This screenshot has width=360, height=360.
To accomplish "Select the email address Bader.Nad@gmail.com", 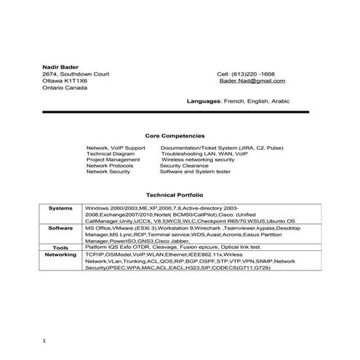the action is point(252,81).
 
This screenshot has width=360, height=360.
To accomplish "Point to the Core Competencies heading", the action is point(175,135).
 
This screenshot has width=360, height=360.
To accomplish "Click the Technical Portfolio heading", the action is point(175,196).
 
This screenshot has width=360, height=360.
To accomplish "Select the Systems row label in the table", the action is point(60,208).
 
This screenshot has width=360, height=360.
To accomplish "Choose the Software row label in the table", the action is point(60,228).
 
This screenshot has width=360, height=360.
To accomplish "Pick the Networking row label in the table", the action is point(60,255).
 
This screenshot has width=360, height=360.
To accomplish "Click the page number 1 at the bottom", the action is point(44,340).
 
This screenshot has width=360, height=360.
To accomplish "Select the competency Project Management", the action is point(113,160).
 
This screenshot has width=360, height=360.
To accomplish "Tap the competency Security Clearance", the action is point(183,166).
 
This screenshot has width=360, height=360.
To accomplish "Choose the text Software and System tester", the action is point(194,172).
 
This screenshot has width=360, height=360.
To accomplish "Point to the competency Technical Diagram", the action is point(111,153).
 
